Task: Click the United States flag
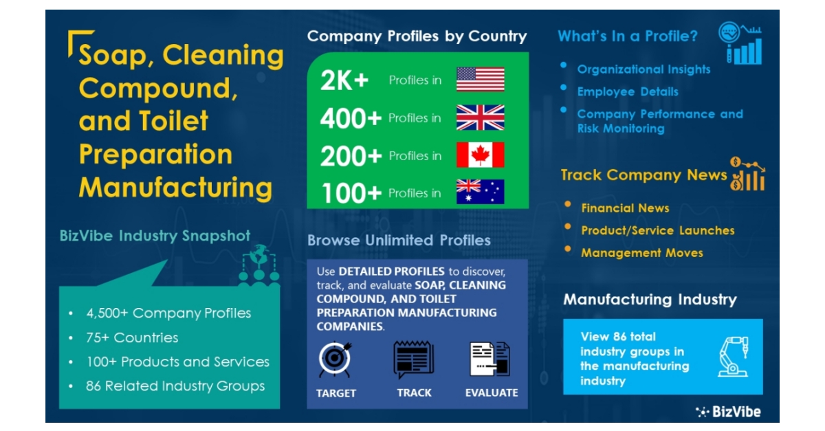click(x=480, y=80)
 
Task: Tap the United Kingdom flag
click(x=480, y=118)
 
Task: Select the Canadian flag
click(x=480, y=155)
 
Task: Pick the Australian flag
click(x=480, y=192)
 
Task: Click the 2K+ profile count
click(x=344, y=80)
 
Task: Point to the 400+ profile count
click(x=351, y=118)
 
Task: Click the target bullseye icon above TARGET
click(x=336, y=360)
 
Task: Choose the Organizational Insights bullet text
click(x=643, y=69)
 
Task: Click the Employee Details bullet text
click(x=628, y=91)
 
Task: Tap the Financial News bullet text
click(x=625, y=208)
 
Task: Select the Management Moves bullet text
click(x=642, y=253)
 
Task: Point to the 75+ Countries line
click(x=132, y=338)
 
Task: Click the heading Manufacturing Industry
click(x=650, y=300)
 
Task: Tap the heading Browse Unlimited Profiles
click(x=399, y=241)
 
